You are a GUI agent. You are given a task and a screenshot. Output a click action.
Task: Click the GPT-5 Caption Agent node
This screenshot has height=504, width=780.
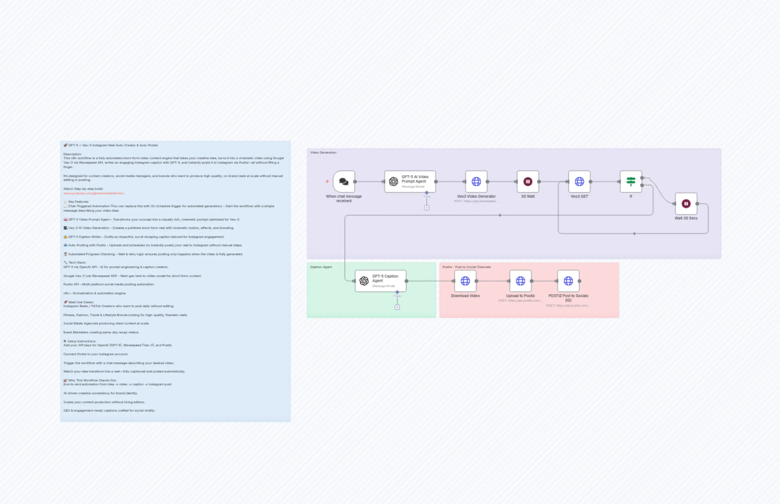pos(381,281)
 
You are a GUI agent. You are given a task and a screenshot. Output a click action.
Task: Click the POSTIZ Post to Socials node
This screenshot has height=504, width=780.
pos(568,281)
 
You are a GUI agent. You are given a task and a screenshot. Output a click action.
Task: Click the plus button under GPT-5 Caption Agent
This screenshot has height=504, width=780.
pos(397,307)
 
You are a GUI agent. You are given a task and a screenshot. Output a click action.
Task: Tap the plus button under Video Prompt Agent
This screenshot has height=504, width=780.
pos(427,208)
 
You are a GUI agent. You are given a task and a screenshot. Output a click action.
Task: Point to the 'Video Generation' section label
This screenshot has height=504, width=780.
pos(323,152)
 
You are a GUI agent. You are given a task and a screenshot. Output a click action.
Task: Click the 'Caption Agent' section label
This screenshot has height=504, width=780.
pos(321,267)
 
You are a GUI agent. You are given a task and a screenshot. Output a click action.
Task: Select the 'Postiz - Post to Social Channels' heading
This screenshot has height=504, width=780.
pos(466,267)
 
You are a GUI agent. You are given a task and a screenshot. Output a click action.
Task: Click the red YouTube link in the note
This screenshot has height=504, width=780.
pos(94,194)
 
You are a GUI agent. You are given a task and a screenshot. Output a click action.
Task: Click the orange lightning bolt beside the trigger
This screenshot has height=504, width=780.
pos(327,181)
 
